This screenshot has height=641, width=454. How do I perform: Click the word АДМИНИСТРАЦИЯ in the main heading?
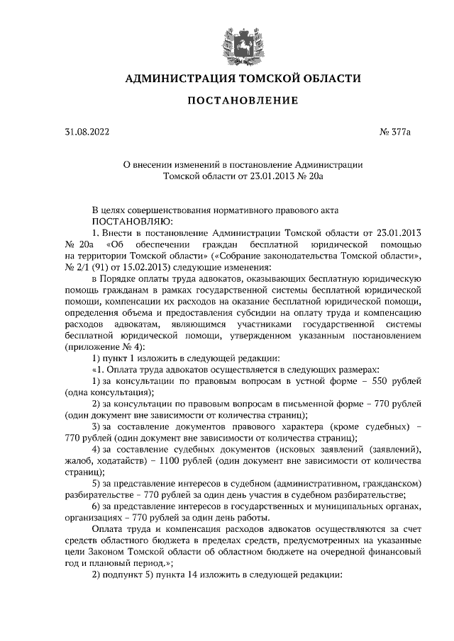(171, 78)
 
